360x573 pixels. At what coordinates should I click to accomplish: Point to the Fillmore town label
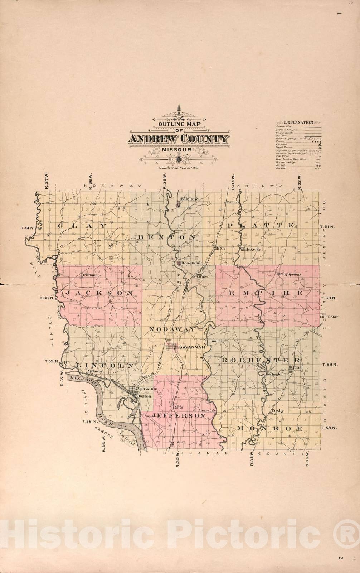93,275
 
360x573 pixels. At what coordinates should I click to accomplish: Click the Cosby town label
277,411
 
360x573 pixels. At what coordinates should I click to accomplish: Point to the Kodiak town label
217,341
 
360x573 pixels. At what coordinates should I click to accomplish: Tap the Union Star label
329,317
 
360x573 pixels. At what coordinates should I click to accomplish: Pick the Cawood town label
233,202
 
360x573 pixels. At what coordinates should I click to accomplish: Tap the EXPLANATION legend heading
299,122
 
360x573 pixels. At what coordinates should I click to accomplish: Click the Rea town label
220,248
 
